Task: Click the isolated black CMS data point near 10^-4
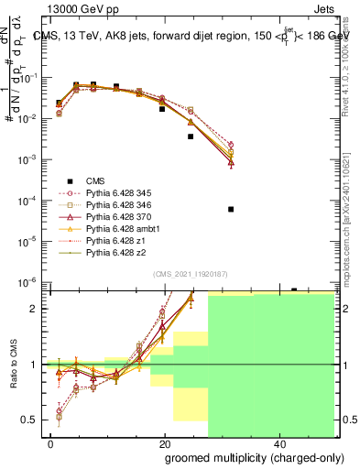click(231, 209)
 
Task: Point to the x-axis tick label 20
click(164, 443)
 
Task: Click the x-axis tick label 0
click(51, 443)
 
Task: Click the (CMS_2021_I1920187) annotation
click(191, 273)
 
